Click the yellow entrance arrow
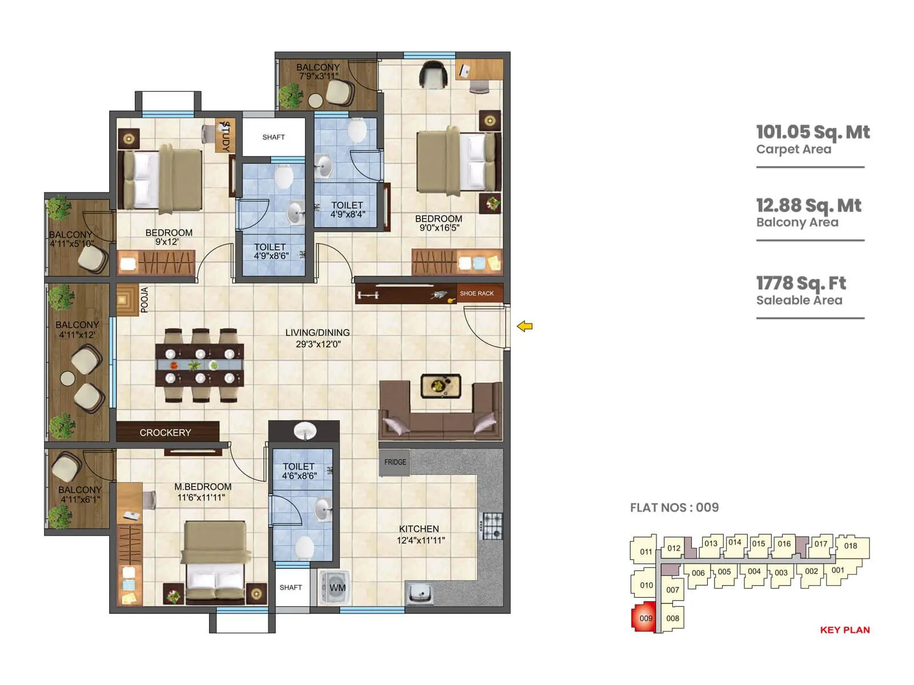tap(524, 327)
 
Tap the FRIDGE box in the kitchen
tap(395, 462)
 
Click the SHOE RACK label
tap(477, 293)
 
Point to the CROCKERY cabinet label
tap(165, 433)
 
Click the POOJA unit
tap(129, 299)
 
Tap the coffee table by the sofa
tap(440, 386)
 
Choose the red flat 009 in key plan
tap(646, 618)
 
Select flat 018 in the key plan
tap(851, 546)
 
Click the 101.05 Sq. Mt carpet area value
tap(812, 132)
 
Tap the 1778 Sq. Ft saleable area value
tap(801, 283)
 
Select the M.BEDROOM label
tap(203, 487)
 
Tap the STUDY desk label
tap(225, 136)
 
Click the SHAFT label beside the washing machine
tap(291, 587)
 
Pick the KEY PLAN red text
tap(844, 630)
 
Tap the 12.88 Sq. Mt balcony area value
tap(808, 205)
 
